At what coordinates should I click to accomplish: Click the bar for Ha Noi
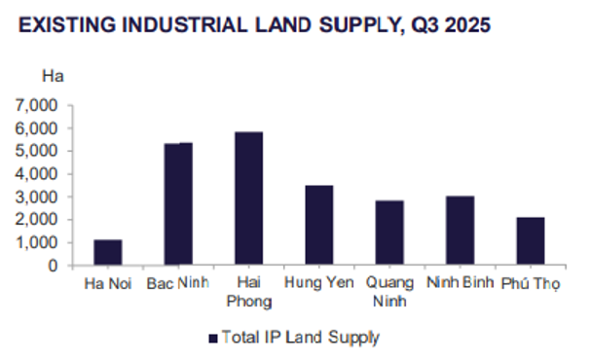pyautogui.click(x=108, y=252)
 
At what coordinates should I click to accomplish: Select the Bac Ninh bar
pyautogui.click(x=178, y=204)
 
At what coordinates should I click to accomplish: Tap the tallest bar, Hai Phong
pyautogui.click(x=248, y=198)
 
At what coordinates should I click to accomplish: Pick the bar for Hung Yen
pyautogui.click(x=318, y=225)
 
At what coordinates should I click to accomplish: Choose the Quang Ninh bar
pyautogui.click(x=389, y=233)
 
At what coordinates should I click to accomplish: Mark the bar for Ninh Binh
pyautogui.click(x=460, y=231)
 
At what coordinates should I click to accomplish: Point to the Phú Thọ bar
pyautogui.click(x=530, y=241)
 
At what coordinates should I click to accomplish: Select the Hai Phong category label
pyautogui.click(x=248, y=292)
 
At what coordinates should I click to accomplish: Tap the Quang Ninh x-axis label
pyautogui.click(x=388, y=292)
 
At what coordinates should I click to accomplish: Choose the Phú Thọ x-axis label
pyautogui.click(x=531, y=284)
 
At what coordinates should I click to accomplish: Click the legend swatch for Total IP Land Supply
pyautogui.click(x=211, y=338)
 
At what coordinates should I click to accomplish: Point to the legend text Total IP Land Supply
pyautogui.click(x=299, y=338)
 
